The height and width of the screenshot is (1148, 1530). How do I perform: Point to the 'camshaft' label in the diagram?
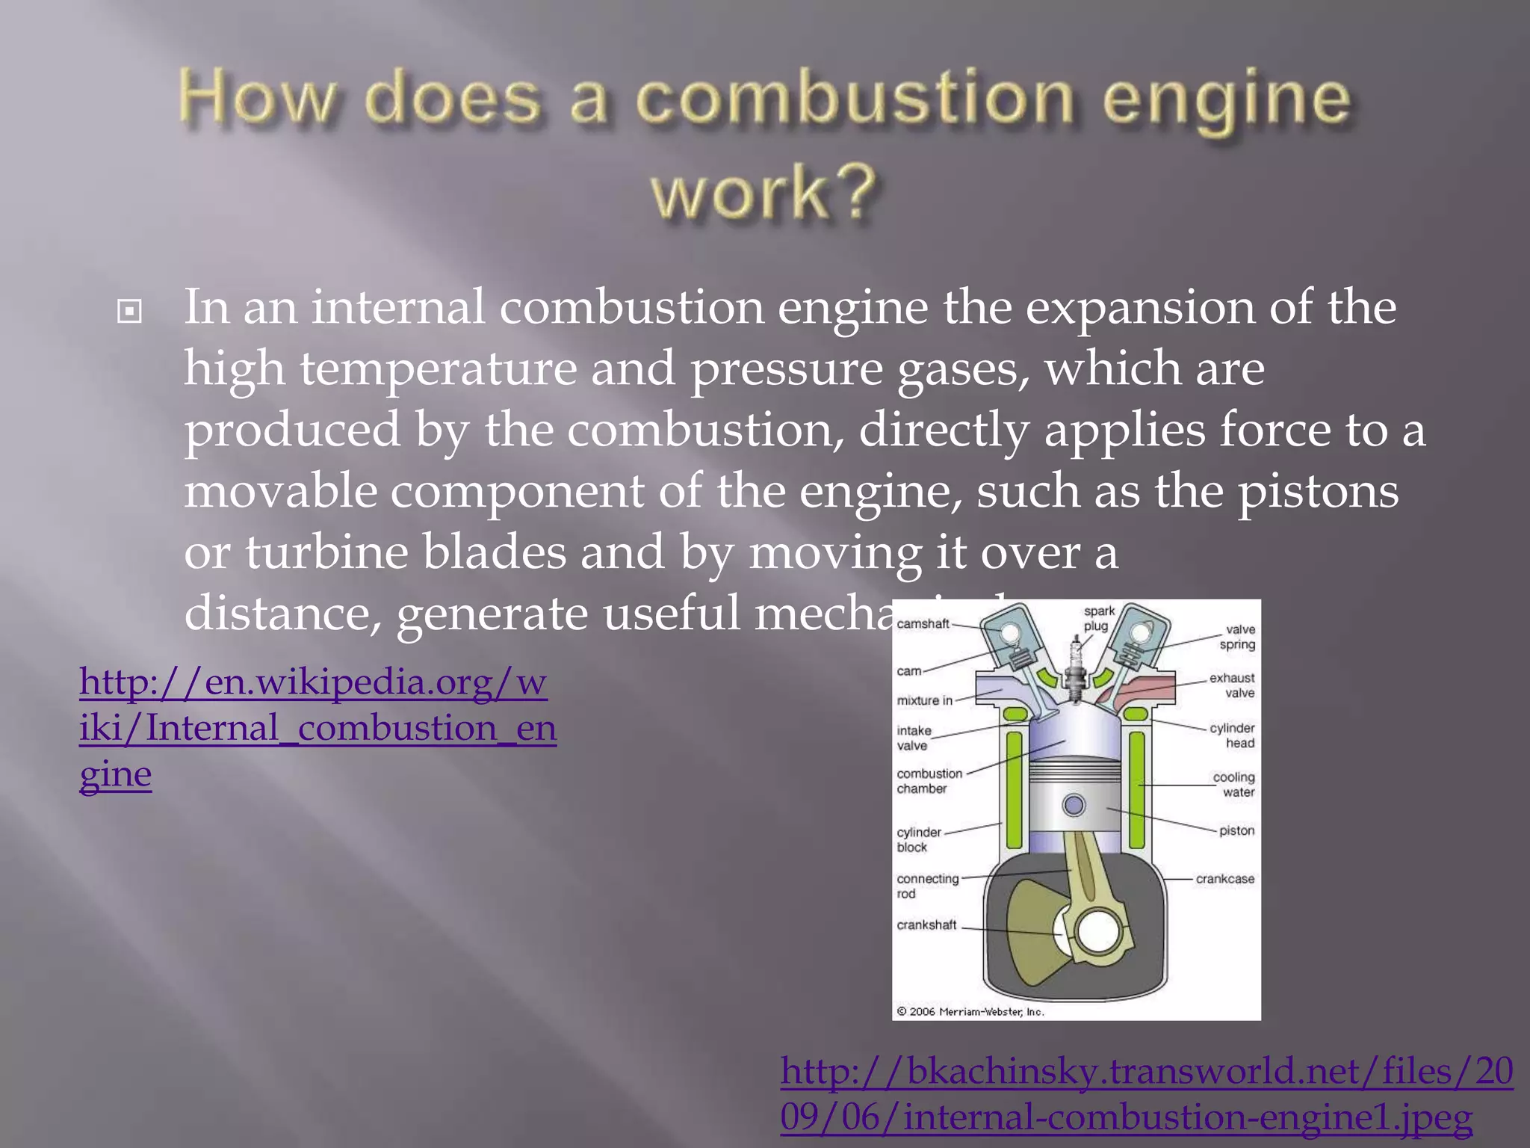point(923,623)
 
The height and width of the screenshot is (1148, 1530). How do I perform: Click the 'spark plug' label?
point(1098,618)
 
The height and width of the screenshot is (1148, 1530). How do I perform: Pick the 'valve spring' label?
point(1238,637)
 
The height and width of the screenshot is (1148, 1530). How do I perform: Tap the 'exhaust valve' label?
point(1233,685)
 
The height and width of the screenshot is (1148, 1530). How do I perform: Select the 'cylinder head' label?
point(1233,735)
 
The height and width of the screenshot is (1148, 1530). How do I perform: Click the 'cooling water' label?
point(1234,784)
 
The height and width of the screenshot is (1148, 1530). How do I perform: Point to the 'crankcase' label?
point(1224,879)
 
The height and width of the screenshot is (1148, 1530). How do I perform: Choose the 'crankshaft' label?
point(926,925)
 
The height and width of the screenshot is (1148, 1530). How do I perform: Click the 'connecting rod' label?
point(927,886)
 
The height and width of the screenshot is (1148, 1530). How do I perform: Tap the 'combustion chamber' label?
point(929,780)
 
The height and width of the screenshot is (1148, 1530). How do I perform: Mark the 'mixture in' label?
point(925,700)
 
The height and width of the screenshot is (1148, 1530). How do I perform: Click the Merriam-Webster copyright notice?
point(970,1011)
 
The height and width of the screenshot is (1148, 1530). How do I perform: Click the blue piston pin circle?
point(1074,806)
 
